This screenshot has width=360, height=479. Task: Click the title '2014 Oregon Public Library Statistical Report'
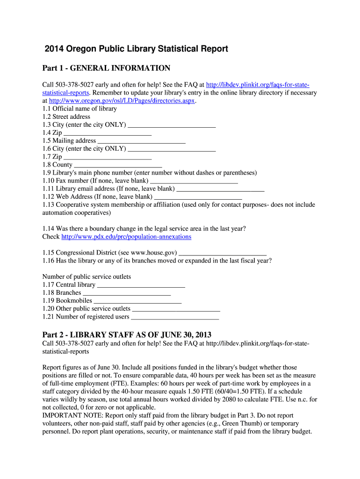pyautogui.click(x=136, y=49)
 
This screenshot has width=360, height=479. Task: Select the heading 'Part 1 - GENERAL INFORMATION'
pyautogui.click(x=106, y=68)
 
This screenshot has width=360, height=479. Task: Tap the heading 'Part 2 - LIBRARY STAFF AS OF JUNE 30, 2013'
pyautogui.click(x=127, y=335)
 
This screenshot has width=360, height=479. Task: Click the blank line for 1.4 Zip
pyautogui.click(x=108, y=133)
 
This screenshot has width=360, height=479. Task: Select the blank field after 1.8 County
pyautogui.click(x=118, y=165)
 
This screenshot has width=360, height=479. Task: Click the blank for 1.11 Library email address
pyautogui.click(x=221, y=189)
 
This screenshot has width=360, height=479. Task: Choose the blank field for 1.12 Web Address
pyautogui.click(x=198, y=196)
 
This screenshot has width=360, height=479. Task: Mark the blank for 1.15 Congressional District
pyautogui.click(x=223, y=253)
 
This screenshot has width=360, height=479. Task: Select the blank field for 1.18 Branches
pyautogui.click(x=127, y=293)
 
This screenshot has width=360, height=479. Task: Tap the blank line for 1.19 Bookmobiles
pyautogui.click(x=137, y=301)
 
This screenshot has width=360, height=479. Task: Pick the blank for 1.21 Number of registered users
pyautogui.click(x=175, y=317)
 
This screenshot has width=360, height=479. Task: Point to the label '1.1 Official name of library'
pyautogui.click(x=79, y=109)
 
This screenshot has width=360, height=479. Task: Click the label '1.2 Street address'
pyautogui.click(x=66, y=116)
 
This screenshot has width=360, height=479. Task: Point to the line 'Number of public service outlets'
pyautogui.click(x=86, y=276)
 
